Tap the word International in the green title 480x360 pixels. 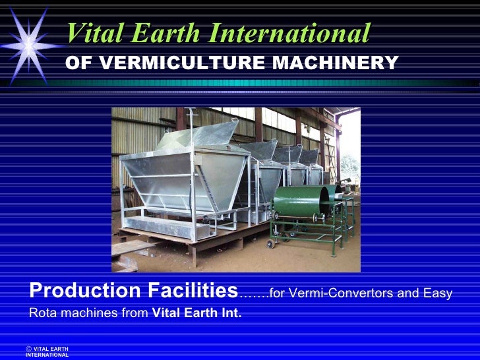tap(289, 33)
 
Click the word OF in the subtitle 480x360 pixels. tap(80, 63)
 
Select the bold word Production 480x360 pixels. tap(82, 291)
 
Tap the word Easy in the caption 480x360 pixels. tap(438, 293)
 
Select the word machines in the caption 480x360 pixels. tap(81, 313)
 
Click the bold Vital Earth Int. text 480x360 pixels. tap(196, 313)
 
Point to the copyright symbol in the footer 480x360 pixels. tap(29, 348)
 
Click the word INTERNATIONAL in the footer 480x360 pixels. tap(47, 355)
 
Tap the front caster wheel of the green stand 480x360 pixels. tap(270, 244)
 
